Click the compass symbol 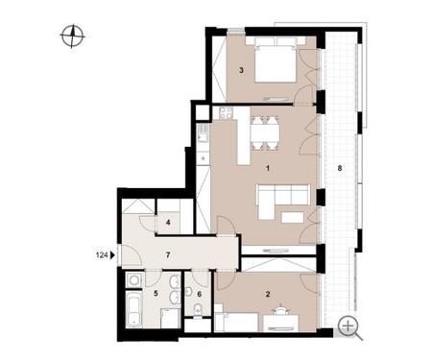click(72, 36)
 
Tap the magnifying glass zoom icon click(349, 328)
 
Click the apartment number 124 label click(102, 255)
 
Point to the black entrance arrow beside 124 click(112, 255)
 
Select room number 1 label click(268, 168)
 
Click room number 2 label click(268, 294)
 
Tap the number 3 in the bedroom click(242, 70)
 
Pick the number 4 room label click(168, 222)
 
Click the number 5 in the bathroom click(156, 293)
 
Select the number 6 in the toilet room click(200, 294)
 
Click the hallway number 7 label click(168, 255)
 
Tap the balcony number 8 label click(340, 168)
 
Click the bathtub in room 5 click(133, 309)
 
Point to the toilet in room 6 click(198, 311)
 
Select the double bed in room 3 click(276, 60)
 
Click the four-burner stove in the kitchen click(226, 113)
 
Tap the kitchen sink click(203, 133)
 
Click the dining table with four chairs click(265, 133)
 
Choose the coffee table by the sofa click(292, 218)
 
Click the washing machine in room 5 click(133, 280)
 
